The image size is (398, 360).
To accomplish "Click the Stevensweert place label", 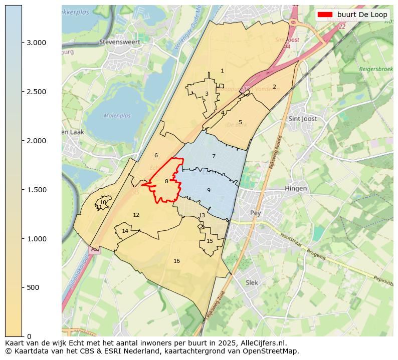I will pyautogui.click(x=119, y=42).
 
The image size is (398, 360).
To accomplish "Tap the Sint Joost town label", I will pyautogui.click(x=303, y=119).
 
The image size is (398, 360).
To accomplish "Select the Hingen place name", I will pyautogui.click(x=296, y=188).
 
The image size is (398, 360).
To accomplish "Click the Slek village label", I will pyautogui.click(x=252, y=282).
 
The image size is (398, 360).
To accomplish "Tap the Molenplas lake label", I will pyautogui.click(x=117, y=116).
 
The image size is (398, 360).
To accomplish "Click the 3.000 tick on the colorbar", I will pyautogui.click(x=36, y=43).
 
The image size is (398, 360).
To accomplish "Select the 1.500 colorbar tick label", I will pyautogui.click(x=36, y=190).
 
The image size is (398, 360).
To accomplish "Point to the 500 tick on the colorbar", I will pyautogui.click(x=33, y=287).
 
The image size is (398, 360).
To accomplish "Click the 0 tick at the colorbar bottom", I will pyautogui.click(x=29, y=336).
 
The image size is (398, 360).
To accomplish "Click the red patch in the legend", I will pyautogui.click(x=325, y=15).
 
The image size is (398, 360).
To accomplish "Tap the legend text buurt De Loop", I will pyautogui.click(x=362, y=15).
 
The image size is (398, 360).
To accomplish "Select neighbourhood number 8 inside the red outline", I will pyautogui.click(x=166, y=181).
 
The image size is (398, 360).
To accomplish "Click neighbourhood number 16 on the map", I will pyautogui.click(x=176, y=261).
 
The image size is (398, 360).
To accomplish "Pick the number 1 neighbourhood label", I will pyautogui.click(x=222, y=71).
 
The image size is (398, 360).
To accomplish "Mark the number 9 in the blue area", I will pyautogui.click(x=209, y=190).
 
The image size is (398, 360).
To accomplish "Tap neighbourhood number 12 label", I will pyautogui.click(x=136, y=215).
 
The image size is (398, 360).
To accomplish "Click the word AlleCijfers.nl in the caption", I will pyautogui.click(x=260, y=343).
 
